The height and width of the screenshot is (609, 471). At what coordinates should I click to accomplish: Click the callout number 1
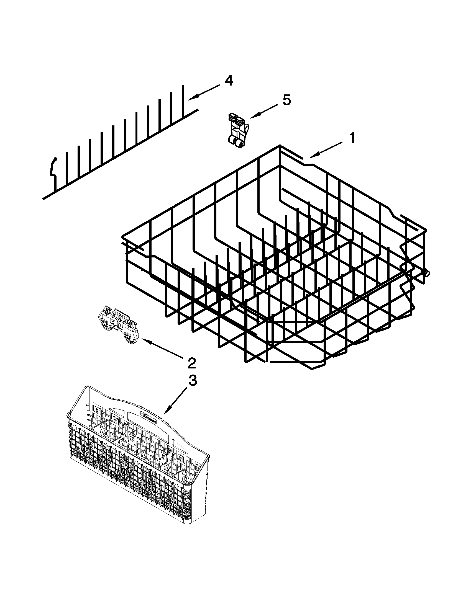tap(352, 138)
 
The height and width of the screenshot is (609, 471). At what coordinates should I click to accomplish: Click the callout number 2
tap(192, 363)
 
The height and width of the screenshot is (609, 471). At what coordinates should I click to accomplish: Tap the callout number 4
tap(229, 81)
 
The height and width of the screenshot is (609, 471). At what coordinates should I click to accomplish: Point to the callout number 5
tap(286, 100)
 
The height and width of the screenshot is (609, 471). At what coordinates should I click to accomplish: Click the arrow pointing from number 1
tap(325, 150)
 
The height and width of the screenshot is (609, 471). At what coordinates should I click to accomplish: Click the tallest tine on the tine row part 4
tap(183, 100)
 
